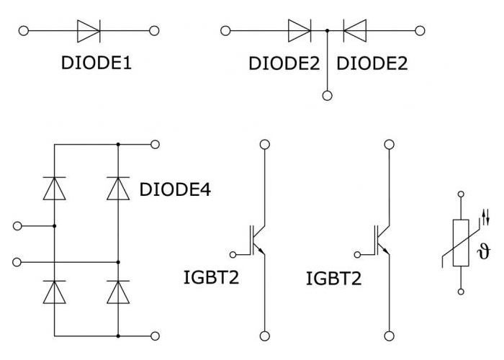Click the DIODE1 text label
[96, 63]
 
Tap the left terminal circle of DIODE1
[24, 31]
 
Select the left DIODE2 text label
[284, 63]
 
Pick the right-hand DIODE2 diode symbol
[354, 31]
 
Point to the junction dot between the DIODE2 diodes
[327, 31]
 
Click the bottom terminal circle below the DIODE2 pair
[327, 96]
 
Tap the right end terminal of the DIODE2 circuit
[420, 31]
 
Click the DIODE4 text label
[175, 189]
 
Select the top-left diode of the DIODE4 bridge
[54, 189]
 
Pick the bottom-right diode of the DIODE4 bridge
[118, 292]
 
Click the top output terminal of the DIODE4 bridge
[155, 144]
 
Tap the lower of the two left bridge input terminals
[17, 262]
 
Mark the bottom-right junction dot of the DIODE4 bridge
[118, 336]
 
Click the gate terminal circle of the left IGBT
[233, 255]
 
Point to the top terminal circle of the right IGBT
[390, 144]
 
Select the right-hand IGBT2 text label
[333, 279]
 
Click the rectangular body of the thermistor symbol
[461, 243]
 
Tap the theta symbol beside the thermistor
[484, 251]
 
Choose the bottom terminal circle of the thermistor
[461, 292]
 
